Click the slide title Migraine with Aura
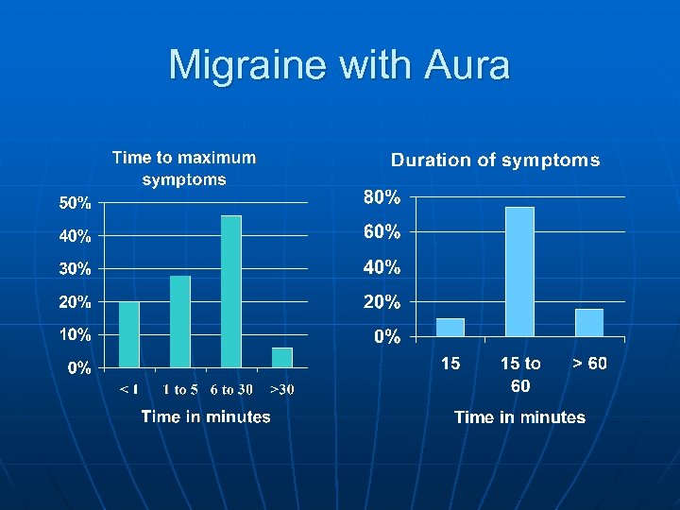[339, 65]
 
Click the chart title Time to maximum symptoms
[184, 168]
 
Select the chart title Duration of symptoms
[495, 160]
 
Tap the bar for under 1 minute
[129, 334]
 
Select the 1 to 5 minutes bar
[180, 321]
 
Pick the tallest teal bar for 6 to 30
[231, 291]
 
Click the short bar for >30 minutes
[282, 357]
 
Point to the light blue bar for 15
[450, 327]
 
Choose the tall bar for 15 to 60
[519, 272]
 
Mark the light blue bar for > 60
[589, 322]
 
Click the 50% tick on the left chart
[76, 202]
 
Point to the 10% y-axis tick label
[76, 334]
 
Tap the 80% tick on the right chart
[382, 198]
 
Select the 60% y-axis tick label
[382, 232]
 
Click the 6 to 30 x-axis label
[231, 389]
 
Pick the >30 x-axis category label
[282, 389]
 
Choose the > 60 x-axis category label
[589, 364]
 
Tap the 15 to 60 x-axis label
[520, 374]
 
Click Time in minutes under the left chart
[206, 416]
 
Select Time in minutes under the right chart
[519, 416]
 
